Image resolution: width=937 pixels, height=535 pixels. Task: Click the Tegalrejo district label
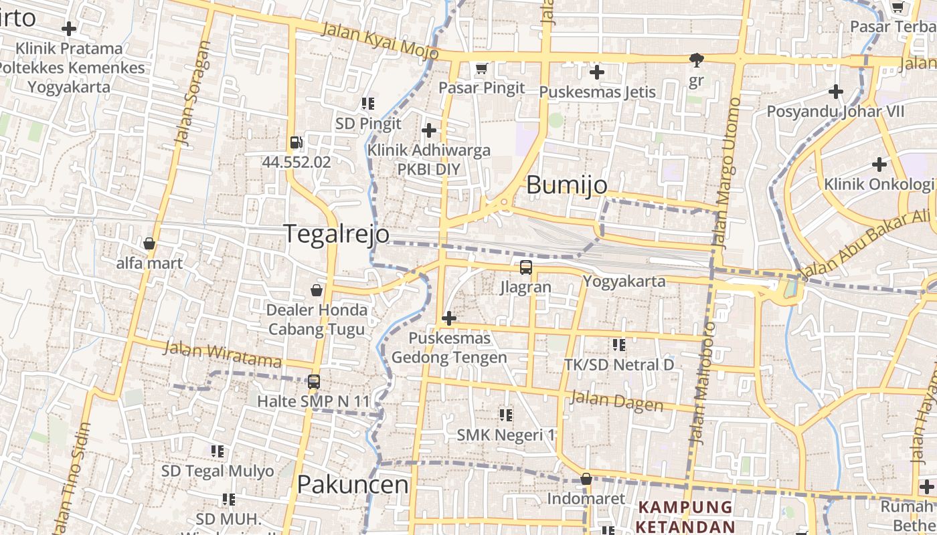pyautogui.click(x=336, y=234)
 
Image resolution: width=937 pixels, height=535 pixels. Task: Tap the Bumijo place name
pyautogui.click(x=566, y=185)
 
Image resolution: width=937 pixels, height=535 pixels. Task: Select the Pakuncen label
pyautogui.click(x=352, y=484)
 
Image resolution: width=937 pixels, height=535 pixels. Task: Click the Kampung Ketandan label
pyautogui.click(x=685, y=516)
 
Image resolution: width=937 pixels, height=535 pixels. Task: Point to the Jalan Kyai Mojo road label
pyautogui.click(x=379, y=41)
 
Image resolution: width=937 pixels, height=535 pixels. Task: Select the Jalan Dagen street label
pyautogui.click(x=616, y=401)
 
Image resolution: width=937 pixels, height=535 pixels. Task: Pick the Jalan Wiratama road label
pyautogui.click(x=222, y=355)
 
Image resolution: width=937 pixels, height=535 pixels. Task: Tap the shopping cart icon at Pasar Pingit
pyautogui.click(x=481, y=69)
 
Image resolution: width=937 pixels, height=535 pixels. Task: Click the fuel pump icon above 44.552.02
pyautogui.click(x=296, y=142)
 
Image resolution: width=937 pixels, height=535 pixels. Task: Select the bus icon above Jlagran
pyautogui.click(x=526, y=268)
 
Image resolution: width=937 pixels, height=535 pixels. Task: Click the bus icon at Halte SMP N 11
pyautogui.click(x=313, y=382)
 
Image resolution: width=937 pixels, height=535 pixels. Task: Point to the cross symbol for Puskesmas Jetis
pyautogui.click(x=597, y=72)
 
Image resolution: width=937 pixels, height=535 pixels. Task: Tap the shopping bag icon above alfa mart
pyautogui.click(x=149, y=244)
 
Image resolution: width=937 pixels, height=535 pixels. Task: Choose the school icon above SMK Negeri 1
pyautogui.click(x=505, y=415)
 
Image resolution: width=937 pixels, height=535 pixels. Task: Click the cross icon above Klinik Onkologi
pyautogui.click(x=879, y=165)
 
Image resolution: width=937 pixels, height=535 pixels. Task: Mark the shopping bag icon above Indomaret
pyautogui.click(x=586, y=479)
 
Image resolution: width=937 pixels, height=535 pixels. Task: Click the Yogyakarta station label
pyautogui.click(x=624, y=281)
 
